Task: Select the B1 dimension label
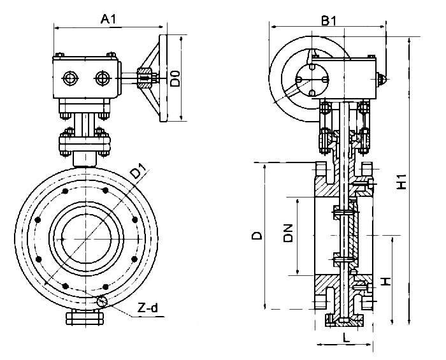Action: pyautogui.click(x=328, y=20)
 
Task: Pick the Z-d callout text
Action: pyautogui.click(x=148, y=309)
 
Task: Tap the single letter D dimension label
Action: pyautogui.click(x=256, y=236)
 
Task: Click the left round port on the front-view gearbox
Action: pyautogui.click(x=70, y=78)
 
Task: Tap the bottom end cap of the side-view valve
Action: pyautogui.click(x=344, y=320)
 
